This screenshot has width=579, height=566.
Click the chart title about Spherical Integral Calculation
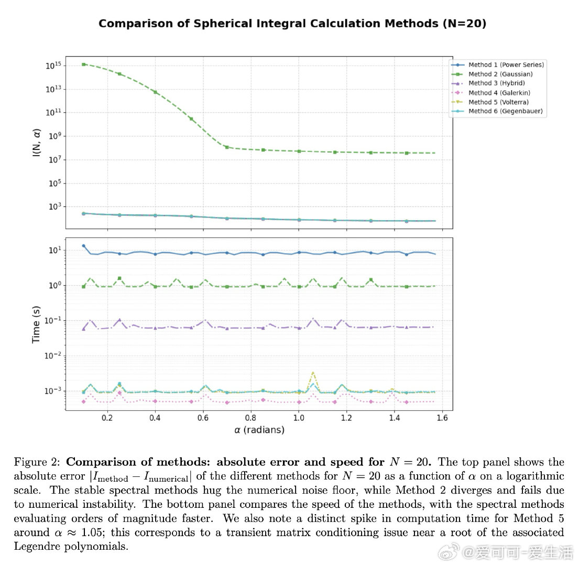pyautogui.click(x=292, y=24)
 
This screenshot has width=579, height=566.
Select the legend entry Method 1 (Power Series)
pyautogui.click(x=506, y=64)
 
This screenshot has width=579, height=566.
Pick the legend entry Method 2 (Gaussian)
pyautogui.click(x=500, y=74)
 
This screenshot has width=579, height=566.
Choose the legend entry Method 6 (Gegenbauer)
pyautogui.click(x=505, y=111)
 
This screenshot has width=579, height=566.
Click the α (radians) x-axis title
pyautogui.click(x=259, y=430)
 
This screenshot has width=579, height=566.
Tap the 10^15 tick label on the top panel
pyautogui.click(x=54, y=66)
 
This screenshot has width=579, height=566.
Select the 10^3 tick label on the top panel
pyautogui.click(x=55, y=207)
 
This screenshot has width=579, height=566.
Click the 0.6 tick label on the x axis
pyautogui.click(x=203, y=418)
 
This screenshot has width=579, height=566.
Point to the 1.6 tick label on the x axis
pyautogui.click(x=442, y=418)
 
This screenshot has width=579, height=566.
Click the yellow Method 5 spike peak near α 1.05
pyautogui.click(x=313, y=373)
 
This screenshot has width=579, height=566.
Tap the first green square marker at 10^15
pyautogui.click(x=84, y=64)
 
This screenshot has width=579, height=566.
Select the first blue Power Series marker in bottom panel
pyautogui.click(x=83, y=246)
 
